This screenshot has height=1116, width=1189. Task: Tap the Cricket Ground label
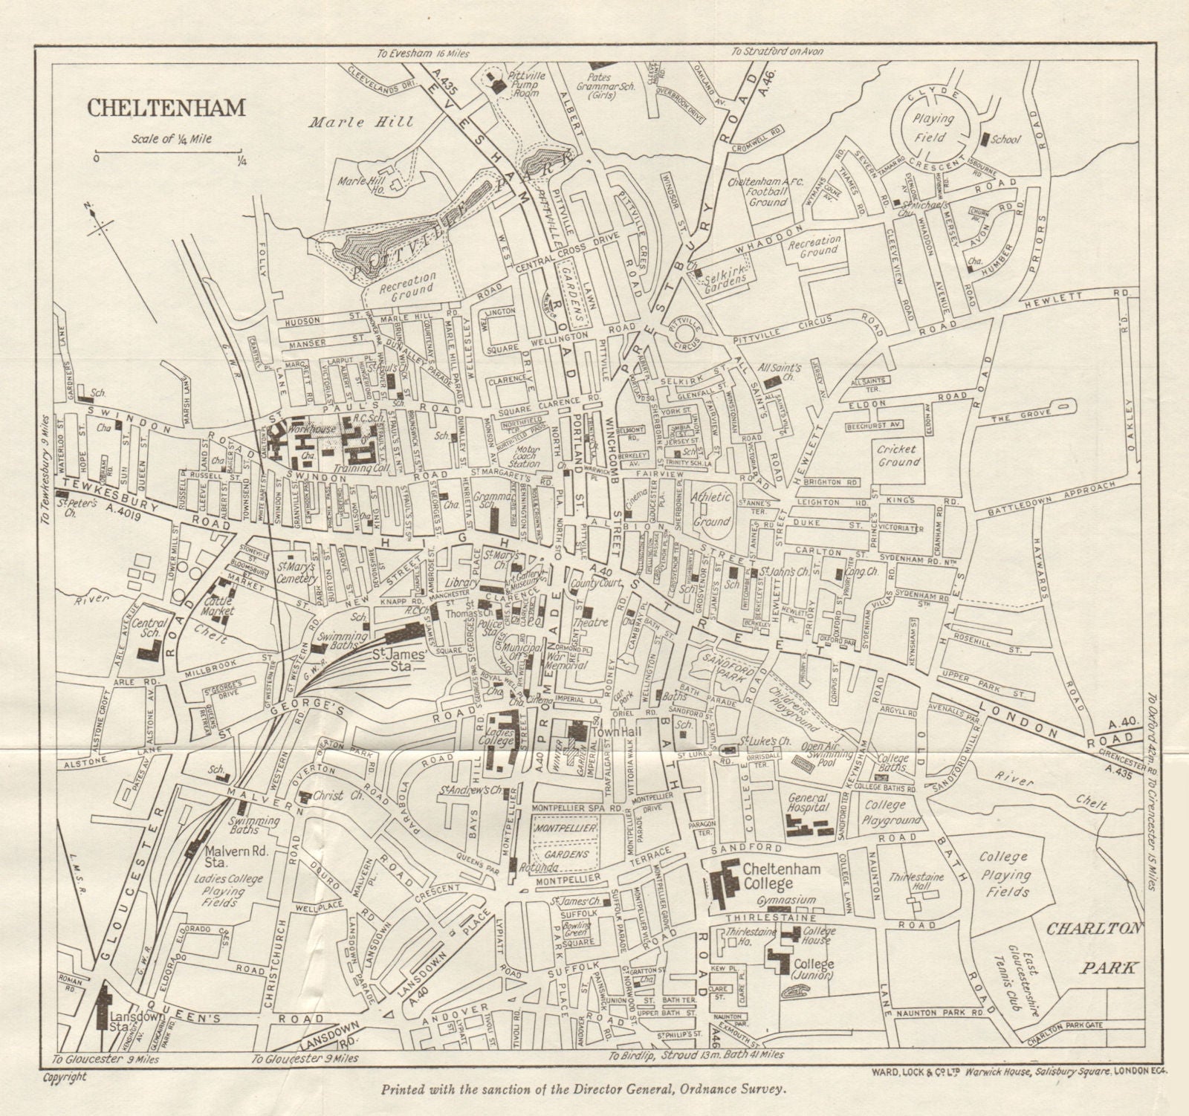pyautogui.click(x=898, y=455)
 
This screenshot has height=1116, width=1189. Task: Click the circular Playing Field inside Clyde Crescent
pyautogui.click(x=929, y=131)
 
